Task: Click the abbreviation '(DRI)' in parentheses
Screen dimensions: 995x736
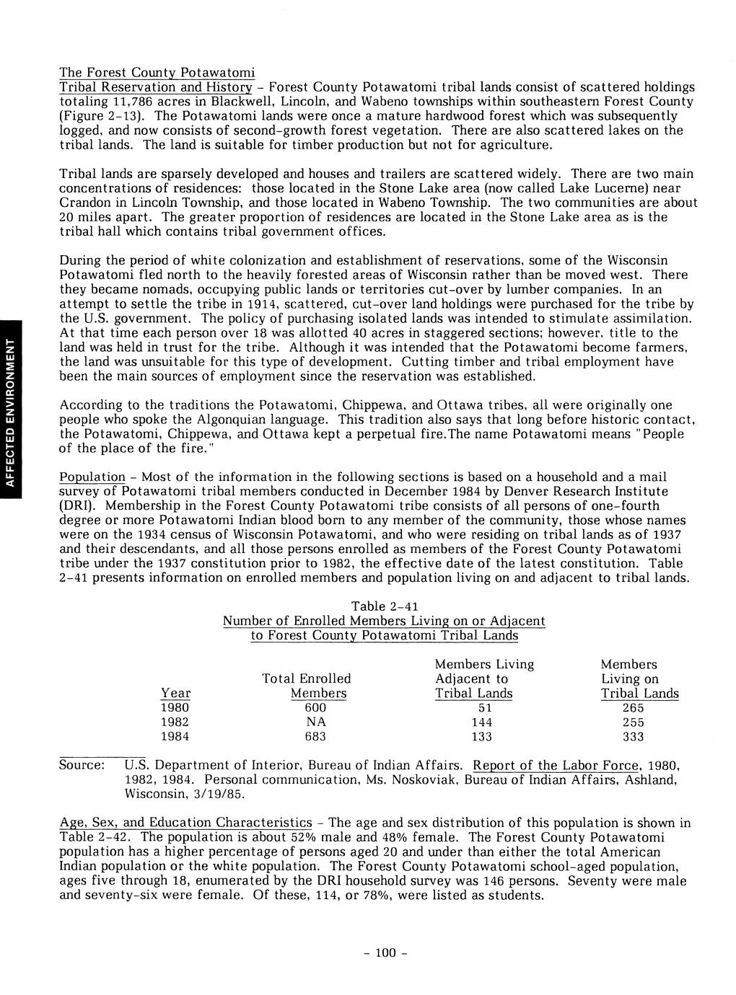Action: pyautogui.click(x=76, y=507)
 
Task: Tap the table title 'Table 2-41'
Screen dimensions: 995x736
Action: pyautogui.click(x=384, y=606)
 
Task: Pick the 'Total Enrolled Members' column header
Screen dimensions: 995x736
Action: pyautogui.click(x=307, y=686)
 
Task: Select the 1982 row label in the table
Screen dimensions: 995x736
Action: pyautogui.click(x=175, y=722)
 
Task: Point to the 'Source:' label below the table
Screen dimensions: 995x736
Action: pyautogui.click(x=82, y=765)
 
